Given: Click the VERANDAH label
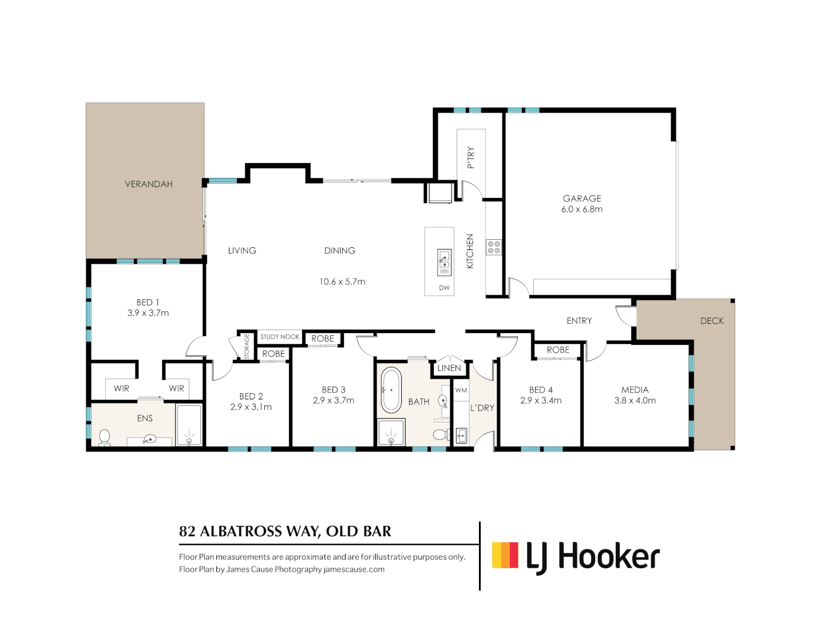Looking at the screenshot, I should coord(149,184).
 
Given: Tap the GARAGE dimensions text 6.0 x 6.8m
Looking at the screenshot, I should coord(581,209).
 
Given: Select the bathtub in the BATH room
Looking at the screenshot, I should coord(391,390).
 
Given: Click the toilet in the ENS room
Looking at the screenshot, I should coord(104,437).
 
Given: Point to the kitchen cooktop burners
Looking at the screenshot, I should coord(494,247).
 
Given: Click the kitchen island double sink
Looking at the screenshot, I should coord(444,262).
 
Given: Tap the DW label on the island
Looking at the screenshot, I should coord(444,288).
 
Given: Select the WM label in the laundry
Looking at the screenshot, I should coord(461,390).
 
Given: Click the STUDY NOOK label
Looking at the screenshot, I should coord(280,337).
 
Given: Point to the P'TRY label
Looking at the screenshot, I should coord(471,157).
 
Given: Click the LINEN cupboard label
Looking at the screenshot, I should coord(449,368).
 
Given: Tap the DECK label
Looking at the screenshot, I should coord(712,321).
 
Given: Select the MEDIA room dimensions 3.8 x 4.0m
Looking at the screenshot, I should coord(635,401).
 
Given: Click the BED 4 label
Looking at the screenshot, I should coord(541,390).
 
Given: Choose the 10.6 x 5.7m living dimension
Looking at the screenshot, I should coord(342,282).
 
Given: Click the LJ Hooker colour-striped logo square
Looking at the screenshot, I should coord(505,555).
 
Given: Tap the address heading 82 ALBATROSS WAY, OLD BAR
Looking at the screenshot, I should coord(285,532).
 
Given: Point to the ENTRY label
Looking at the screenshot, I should coord(579,321).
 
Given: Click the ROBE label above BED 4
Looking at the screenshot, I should coord(558,350).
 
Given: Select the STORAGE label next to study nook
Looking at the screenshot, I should coord(247,347).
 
